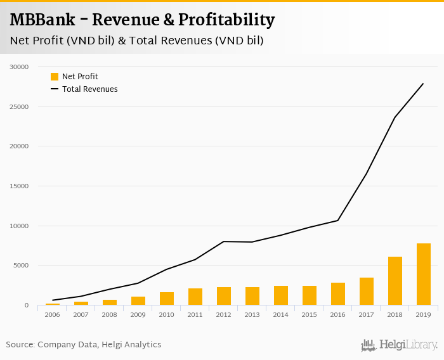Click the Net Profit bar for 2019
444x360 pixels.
424,274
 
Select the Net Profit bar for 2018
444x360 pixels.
395,281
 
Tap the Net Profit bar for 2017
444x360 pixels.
367,292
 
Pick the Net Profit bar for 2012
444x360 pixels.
224,296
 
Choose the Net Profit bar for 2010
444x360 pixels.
167,299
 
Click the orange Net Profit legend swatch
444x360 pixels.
55,77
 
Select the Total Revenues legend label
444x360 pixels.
89,89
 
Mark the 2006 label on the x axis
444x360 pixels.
53,315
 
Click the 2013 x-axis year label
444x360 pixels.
252,315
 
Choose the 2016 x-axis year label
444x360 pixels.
338,315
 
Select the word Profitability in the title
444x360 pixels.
226,20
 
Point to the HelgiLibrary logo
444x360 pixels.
399,345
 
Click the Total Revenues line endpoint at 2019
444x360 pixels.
423,84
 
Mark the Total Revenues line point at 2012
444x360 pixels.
224,241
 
